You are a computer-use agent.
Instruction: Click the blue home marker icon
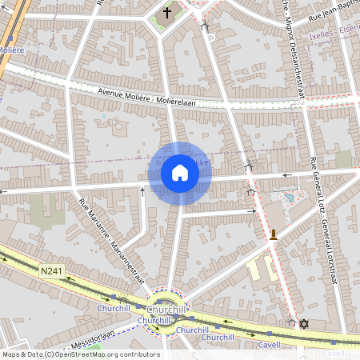click(179, 173)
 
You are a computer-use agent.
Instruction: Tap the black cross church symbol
click(167, 13)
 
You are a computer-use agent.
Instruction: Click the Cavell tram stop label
click(270, 345)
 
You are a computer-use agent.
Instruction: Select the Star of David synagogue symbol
click(303, 324)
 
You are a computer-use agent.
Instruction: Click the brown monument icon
click(274, 234)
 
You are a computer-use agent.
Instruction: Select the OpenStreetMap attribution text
click(80, 354)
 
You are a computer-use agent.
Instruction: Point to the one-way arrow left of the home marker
click(142, 190)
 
